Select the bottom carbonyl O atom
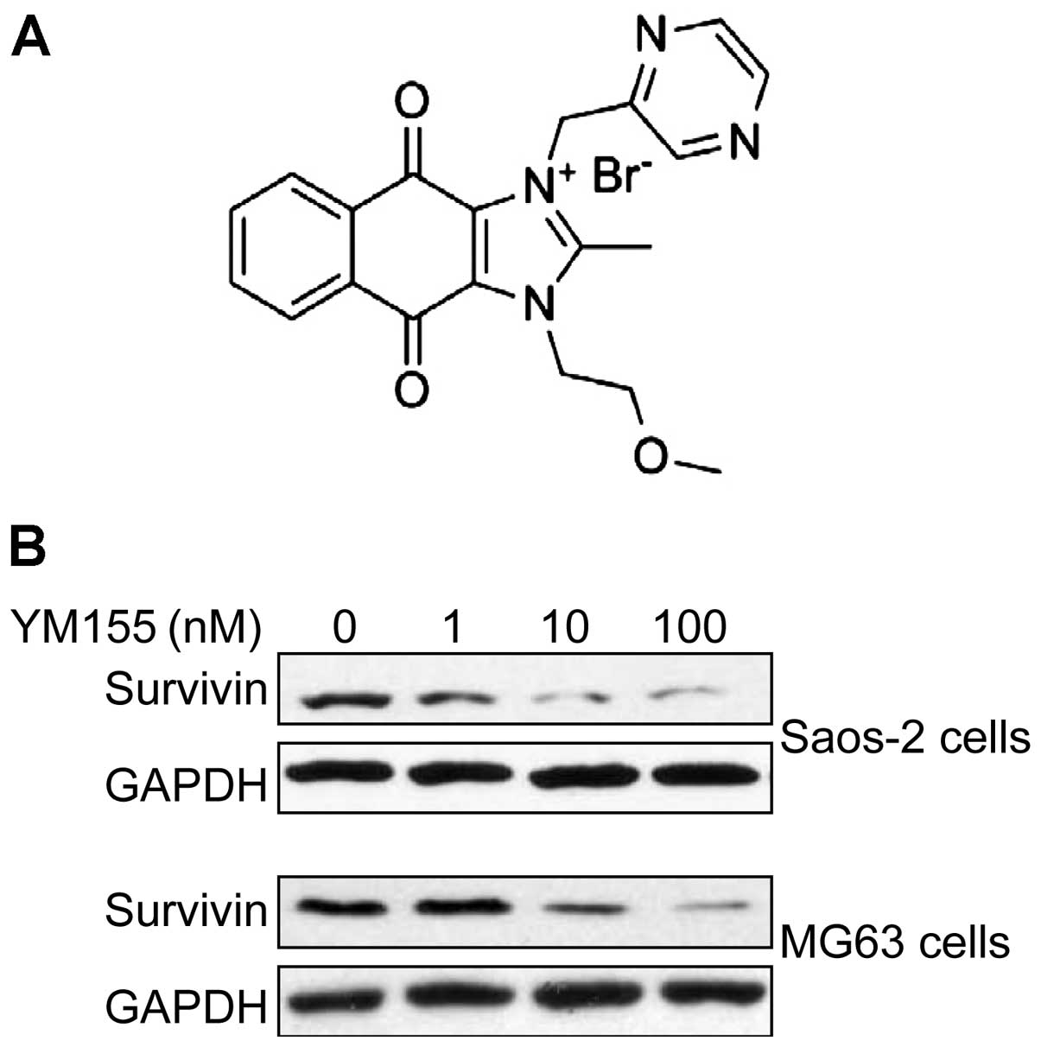point(412,387)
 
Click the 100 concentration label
point(690,628)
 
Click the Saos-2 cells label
point(905,738)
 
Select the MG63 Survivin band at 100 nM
point(716,907)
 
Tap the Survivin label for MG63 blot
point(186,910)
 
